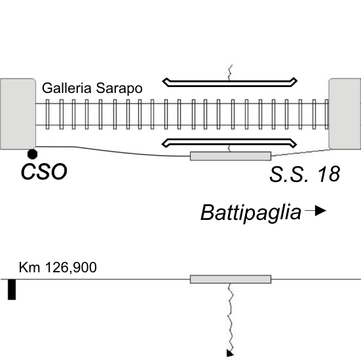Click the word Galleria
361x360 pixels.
point(67,88)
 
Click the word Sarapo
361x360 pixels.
point(119,89)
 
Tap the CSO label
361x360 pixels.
point(44,172)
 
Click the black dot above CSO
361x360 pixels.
point(32,154)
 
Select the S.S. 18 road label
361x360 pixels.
point(305,174)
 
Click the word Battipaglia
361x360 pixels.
point(251,213)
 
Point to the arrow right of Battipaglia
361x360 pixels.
point(315,211)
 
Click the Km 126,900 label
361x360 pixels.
point(58,267)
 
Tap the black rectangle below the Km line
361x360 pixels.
point(12,289)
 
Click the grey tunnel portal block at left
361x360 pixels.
point(18,114)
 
